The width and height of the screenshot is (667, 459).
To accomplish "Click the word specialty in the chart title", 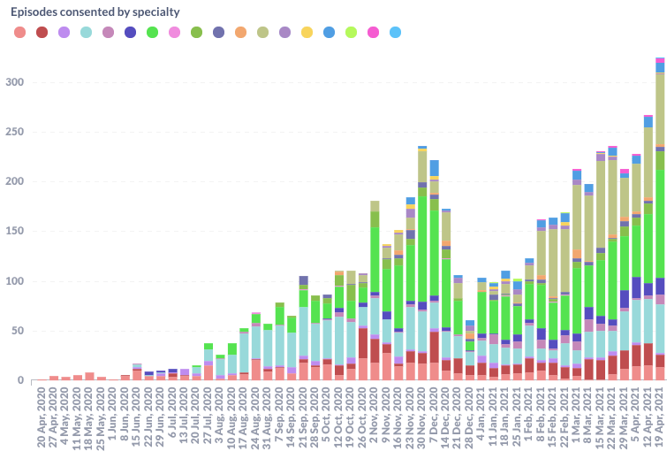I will (x=155, y=12).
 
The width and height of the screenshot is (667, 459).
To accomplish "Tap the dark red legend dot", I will (x=42, y=33).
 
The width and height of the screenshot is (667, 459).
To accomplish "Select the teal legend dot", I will (x=86, y=33).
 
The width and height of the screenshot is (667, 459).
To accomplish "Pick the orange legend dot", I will (x=240, y=33).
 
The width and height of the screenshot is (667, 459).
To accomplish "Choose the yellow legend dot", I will (x=307, y=33).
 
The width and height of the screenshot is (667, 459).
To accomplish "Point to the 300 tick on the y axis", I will (x=12, y=82).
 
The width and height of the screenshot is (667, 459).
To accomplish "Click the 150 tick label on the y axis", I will (x=12, y=232).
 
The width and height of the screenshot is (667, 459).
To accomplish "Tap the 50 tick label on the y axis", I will (x=15, y=331).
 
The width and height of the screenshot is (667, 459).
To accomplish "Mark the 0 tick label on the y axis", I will (x=19, y=381).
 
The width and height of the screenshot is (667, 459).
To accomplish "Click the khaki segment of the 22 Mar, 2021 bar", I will (x=612, y=195).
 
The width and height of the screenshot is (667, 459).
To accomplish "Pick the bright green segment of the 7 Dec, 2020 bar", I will (x=435, y=248).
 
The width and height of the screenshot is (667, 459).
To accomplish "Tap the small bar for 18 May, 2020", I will (x=89, y=377).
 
